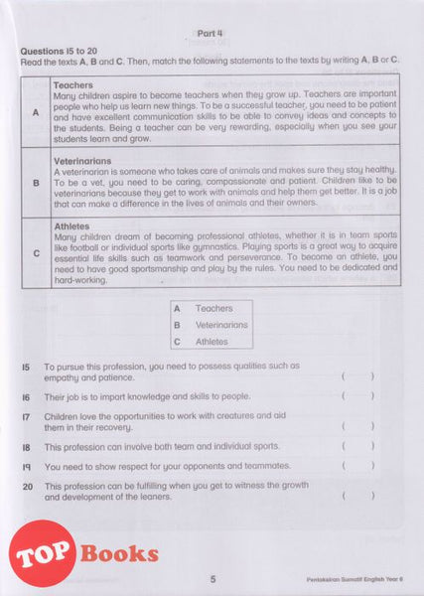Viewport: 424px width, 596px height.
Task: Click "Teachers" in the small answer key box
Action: point(212,309)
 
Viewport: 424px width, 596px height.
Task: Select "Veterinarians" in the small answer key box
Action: point(221,325)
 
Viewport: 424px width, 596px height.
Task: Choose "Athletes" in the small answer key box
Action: point(212,342)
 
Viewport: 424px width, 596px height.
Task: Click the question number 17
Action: point(26,415)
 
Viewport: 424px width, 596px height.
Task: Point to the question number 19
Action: point(26,466)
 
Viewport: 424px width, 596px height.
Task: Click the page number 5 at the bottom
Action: point(212,580)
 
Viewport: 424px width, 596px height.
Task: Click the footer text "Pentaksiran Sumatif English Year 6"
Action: point(356,580)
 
